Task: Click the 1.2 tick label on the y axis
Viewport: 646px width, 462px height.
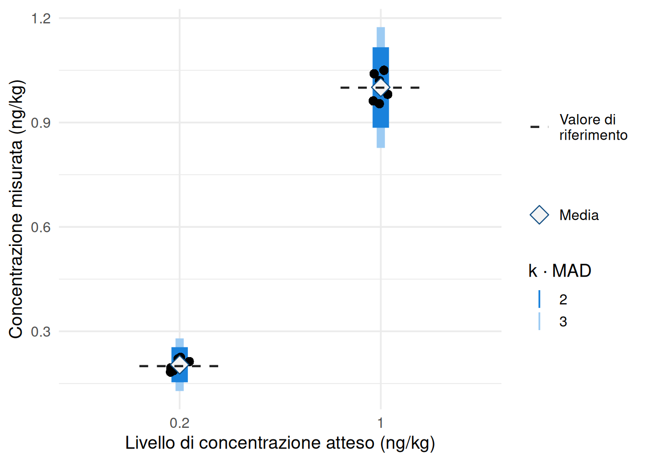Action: tap(41, 18)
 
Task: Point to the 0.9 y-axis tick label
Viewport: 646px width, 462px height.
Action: tap(41, 123)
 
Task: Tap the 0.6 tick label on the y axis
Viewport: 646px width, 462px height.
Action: tap(41, 227)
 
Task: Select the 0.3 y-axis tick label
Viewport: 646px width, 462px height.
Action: tap(41, 332)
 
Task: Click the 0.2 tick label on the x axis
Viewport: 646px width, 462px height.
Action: tap(179, 423)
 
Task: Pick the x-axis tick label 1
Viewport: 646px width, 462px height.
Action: tap(380, 423)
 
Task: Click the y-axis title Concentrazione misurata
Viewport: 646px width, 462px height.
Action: tap(16, 209)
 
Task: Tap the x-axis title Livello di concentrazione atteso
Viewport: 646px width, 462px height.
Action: tap(280, 443)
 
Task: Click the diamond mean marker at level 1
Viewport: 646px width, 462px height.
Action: tap(381, 87)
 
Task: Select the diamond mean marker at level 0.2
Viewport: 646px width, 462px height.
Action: tap(179, 365)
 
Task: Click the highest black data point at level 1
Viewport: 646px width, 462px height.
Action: tap(384, 70)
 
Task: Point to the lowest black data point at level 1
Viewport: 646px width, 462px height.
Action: tap(379, 103)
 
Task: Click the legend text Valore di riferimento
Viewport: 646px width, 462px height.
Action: tap(593, 127)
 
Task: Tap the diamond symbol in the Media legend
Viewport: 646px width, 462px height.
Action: tap(539, 215)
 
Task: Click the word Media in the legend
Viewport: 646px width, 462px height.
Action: tap(579, 215)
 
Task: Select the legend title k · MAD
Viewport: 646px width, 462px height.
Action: tap(559, 271)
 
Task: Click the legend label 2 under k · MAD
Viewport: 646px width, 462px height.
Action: tap(563, 299)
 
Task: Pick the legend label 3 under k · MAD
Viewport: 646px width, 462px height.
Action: tap(563, 321)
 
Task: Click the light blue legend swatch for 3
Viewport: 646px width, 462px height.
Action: tap(539, 321)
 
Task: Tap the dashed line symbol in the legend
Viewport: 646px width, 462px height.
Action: tap(538, 127)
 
